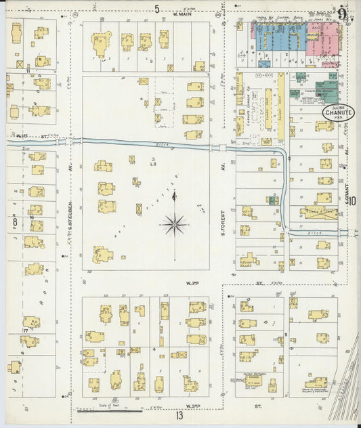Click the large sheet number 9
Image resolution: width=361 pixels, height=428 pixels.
coord(343,14)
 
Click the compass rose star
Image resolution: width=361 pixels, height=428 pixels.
coord(175,223)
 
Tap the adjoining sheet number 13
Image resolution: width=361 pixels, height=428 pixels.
coord(179,415)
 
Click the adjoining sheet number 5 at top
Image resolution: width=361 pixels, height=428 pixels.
coord(156,9)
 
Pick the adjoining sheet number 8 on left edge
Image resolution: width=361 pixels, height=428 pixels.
coord(13,221)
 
